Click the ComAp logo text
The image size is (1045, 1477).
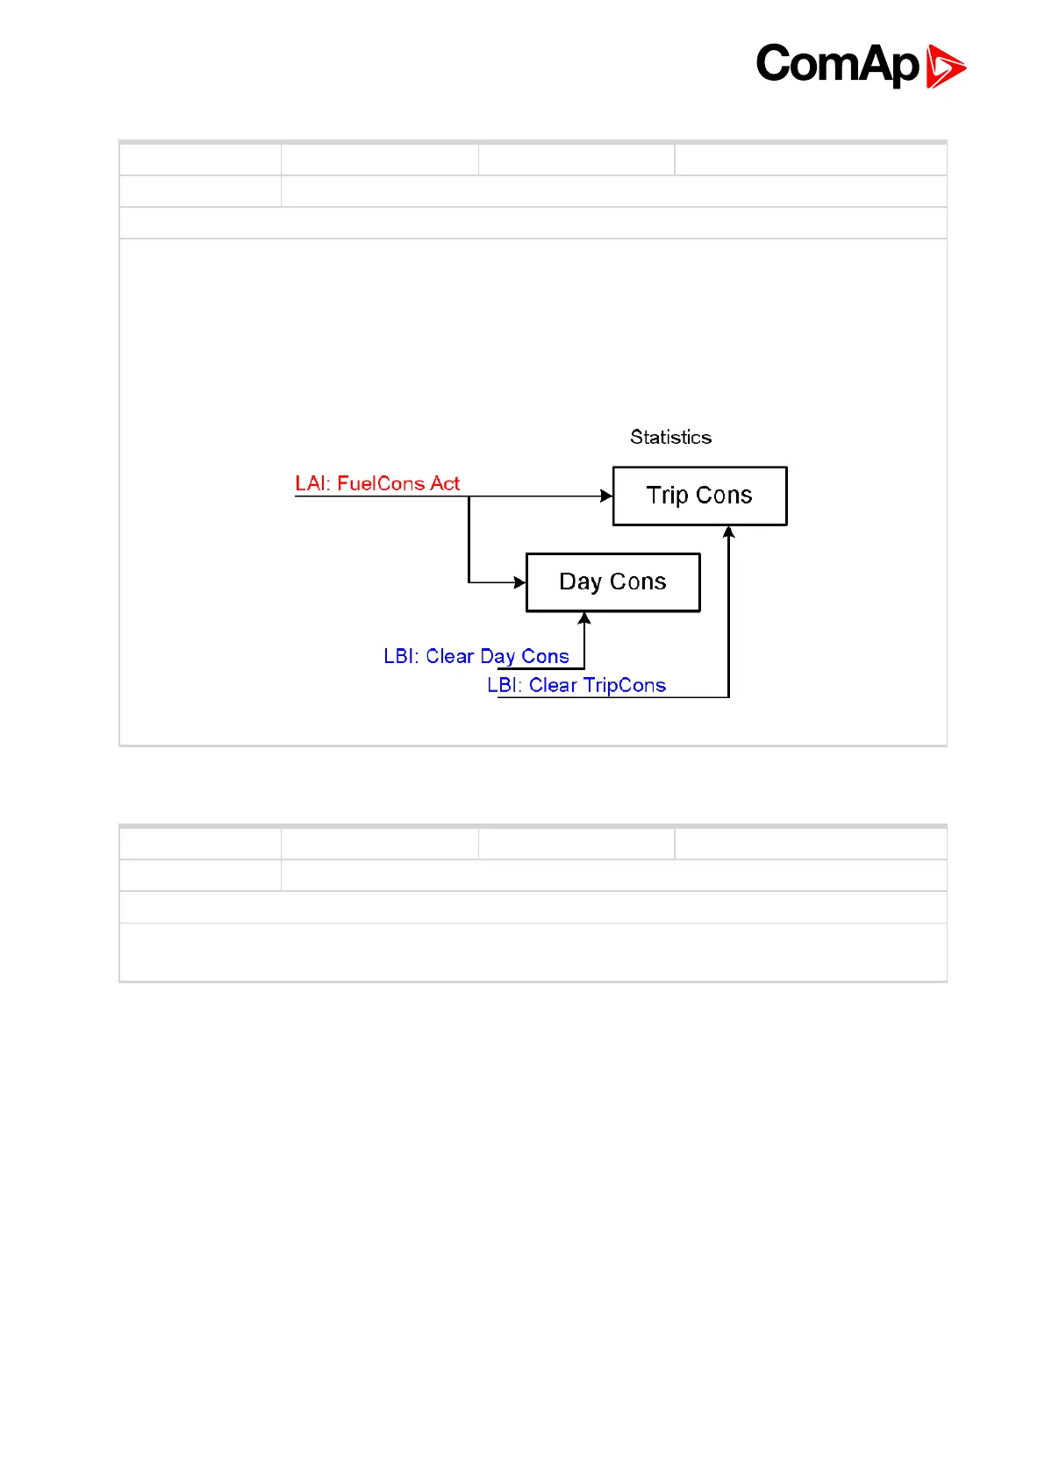(x=837, y=65)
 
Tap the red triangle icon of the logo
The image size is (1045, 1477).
(x=946, y=68)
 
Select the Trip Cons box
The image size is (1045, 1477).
(x=699, y=496)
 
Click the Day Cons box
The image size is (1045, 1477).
(x=612, y=582)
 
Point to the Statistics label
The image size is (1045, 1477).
(x=670, y=437)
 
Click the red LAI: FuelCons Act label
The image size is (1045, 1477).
(x=377, y=483)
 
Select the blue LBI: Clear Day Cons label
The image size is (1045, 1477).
(x=476, y=656)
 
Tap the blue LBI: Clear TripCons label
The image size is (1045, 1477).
(x=576, y=685)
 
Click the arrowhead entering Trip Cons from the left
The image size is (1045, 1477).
(x=606, y=496)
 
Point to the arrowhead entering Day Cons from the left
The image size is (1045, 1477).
(x=519, y=582)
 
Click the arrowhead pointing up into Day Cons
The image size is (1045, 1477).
(x=584, y=618)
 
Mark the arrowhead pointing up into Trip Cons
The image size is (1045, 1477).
(x=728, y=532)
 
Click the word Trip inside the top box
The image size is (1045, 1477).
(x=667, y=496)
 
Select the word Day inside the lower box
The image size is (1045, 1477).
(x=580, y=582)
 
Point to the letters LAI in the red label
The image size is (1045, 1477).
(x=311, y=483)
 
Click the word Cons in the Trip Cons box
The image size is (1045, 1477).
(x=724, y=496)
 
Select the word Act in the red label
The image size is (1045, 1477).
(x=445, y=483)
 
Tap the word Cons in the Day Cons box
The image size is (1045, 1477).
(x=638, y=582)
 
